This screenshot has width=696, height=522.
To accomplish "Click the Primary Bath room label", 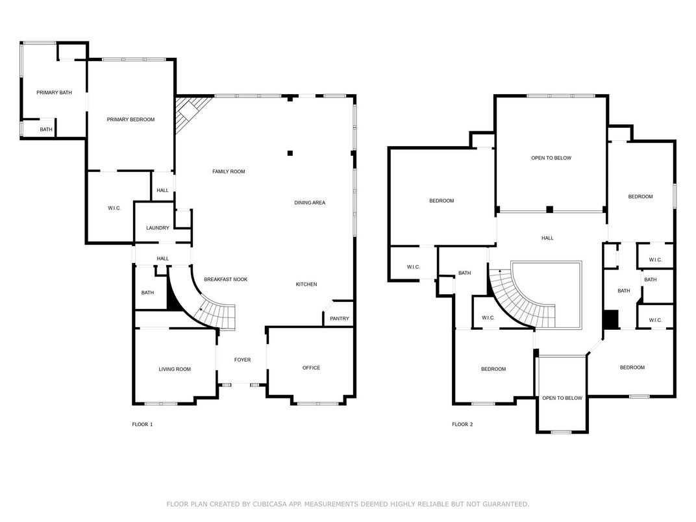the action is (x=54, y=92).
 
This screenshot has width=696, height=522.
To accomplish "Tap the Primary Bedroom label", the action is (x=130, y=119).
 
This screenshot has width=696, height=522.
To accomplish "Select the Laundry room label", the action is (x=158, y=228).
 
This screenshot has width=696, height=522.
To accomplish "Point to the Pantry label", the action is (x=340, y=318).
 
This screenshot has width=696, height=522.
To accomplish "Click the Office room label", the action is (x=311, y=367).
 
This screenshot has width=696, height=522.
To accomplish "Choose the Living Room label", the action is (x=175, y=369).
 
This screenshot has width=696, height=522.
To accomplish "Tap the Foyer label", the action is (x=242, y=360).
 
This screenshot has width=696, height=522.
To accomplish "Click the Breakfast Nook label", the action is (x=225, y=279).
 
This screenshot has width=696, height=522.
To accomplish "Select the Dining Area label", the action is (x=310, y=203).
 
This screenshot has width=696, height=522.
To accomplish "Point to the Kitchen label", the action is (x=306, y=284).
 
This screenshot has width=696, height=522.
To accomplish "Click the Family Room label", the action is (x=229, y=171).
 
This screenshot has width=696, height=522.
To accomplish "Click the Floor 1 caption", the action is (x=142, y=425).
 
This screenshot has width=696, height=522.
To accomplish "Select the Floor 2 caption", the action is (x=462, y=425).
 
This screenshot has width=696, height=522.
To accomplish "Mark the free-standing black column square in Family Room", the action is (x=290, y=153).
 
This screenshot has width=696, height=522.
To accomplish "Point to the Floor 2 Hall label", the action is (x=547, y=238).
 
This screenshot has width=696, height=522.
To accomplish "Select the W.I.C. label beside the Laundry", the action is (x=114, y=208).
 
